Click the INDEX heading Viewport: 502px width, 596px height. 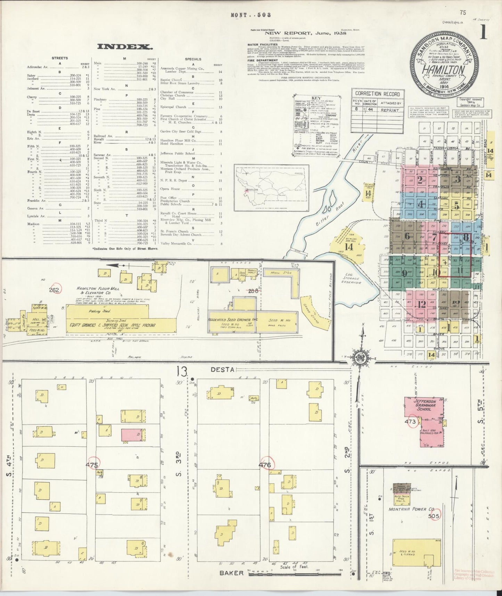[124, 47]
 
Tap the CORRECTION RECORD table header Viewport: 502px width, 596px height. [378, 94]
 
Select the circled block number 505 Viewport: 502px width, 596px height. [434, 516]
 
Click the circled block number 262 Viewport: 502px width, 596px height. [55, 289]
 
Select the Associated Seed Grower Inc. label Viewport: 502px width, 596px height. [236, 320]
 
